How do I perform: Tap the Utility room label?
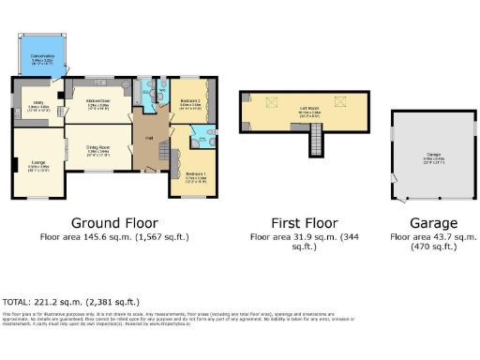[37, 106]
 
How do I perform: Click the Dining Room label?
[100, 147]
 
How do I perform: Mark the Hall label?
[148, 136]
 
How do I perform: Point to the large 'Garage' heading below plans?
[433, 223]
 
